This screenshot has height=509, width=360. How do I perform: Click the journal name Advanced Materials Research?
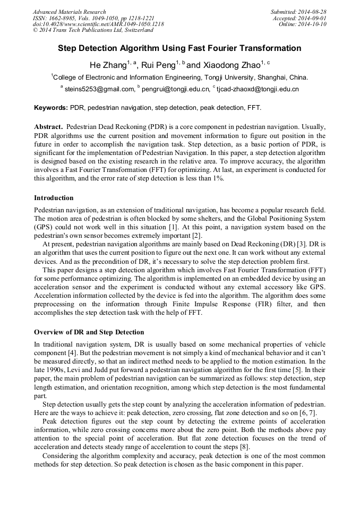click(x=69, y=12)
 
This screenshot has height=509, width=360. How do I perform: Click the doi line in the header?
click(x=98, y=24)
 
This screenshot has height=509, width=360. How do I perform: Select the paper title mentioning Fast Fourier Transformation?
click(x=179, y=48)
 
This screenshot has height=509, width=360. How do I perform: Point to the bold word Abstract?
click(x=48, y=127)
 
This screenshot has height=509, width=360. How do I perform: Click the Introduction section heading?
click(x=54, y=198)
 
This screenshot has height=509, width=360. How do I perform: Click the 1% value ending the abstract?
click(x=218, y=178)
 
